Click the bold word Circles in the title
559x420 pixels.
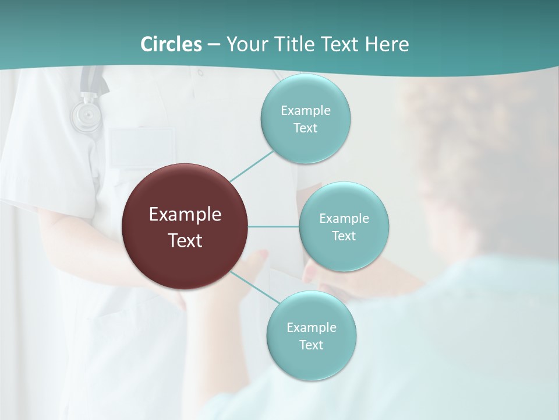pos(171,44)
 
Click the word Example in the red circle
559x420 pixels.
pos(185,215)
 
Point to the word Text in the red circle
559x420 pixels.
pos(185,240)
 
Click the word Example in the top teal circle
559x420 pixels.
pos(306,111)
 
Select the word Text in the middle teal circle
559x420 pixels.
pos(344,236)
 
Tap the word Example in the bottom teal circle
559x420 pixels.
pos(312,328)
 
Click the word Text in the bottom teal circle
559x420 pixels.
pos(312,345)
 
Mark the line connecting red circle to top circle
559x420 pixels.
pos(252,166)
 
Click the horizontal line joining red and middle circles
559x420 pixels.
pos(274,226)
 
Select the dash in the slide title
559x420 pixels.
pos(213,45)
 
